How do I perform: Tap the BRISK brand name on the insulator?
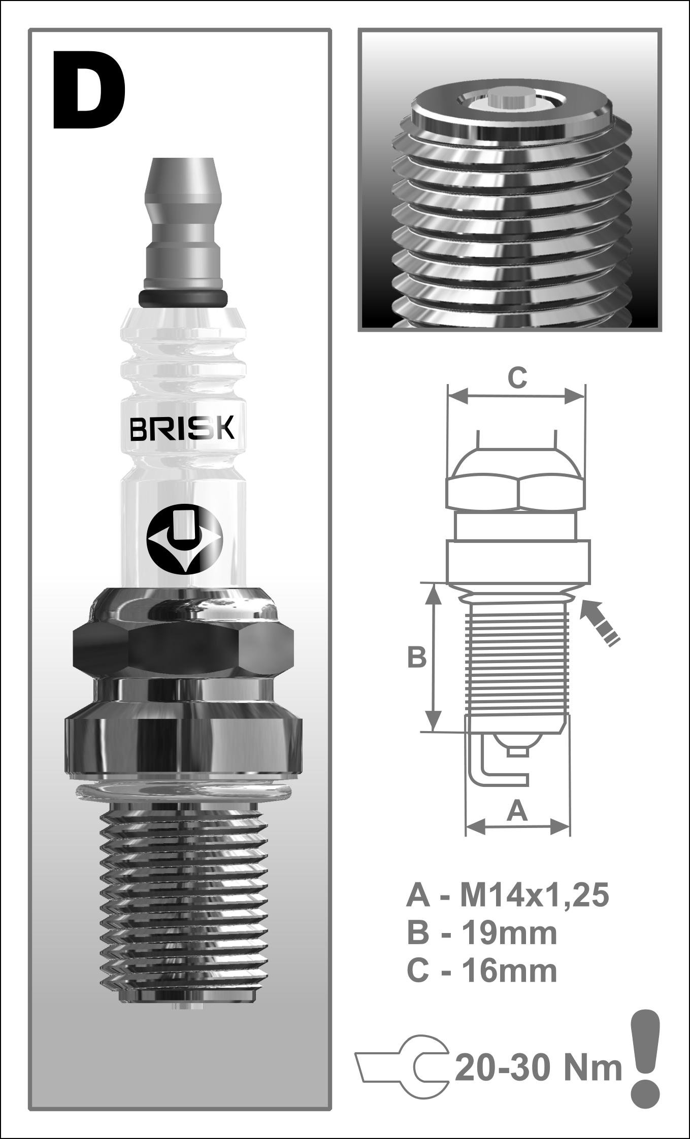(x=182, y=428)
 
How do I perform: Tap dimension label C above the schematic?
(x=517, y=378)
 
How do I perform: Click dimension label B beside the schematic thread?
(x=417, y=658)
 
